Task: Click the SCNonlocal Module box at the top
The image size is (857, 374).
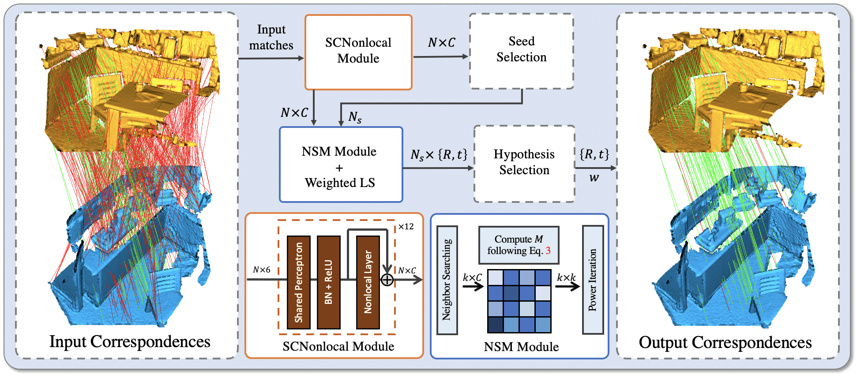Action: pos(358,52)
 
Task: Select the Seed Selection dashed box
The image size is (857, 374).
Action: pos(521,51)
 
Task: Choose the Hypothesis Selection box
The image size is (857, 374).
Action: pos(524,163)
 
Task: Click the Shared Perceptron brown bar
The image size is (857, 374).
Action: pos(299,282)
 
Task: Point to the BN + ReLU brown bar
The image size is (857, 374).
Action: pos(328,282)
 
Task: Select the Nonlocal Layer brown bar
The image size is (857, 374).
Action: pos(368,282)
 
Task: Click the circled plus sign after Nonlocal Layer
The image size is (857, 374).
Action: pos(387,280)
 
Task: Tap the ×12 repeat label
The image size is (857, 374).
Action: pos(406,227)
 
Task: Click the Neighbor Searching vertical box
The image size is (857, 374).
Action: pos(447,280)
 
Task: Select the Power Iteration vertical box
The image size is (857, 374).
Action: pos(593,280)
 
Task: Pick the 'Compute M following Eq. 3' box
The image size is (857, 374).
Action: pos(519,245)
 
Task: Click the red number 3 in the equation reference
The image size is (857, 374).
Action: pos(548,251)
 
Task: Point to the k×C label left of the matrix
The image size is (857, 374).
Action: pos(472,277)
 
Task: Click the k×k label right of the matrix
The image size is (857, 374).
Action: pos(566,277)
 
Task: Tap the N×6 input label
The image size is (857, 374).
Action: pos(261,269)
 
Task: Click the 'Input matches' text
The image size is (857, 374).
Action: pos(271,37)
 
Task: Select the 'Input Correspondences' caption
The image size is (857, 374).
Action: pos(130,342)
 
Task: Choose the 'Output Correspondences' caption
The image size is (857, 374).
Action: pos(725,343)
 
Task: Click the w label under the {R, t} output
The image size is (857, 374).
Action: pos(594,178)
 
